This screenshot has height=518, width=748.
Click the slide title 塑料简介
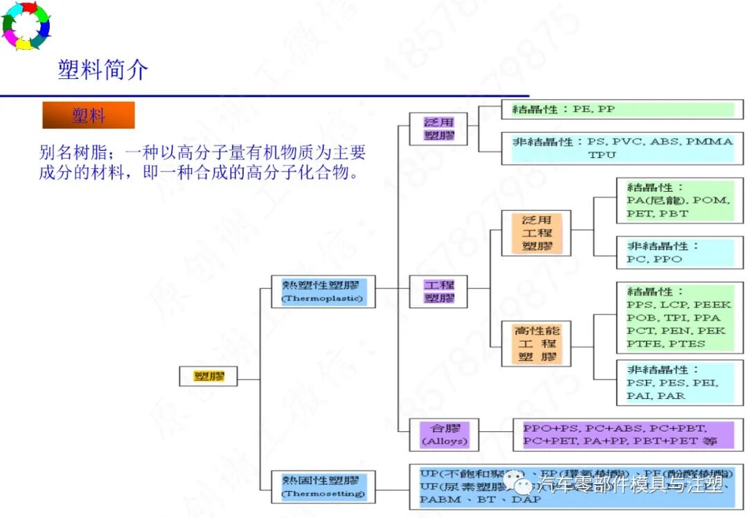[x=103, y=70]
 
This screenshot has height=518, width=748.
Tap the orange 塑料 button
[x=89, y=116]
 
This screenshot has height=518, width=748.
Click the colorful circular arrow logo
[x=26, y=26]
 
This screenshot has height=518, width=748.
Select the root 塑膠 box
[x=207, y=377]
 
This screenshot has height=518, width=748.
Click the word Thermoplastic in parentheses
[x=323, y=299]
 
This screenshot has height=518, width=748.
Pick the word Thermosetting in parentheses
[x=323, y=494]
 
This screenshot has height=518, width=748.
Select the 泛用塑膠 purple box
[x=439, y=129]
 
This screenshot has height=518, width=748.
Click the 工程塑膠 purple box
[x=439, y=292]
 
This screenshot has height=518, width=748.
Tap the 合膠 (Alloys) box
[x=445, y=434]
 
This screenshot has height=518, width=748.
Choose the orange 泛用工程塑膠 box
[x=537, y=233]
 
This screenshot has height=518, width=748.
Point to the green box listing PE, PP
[x=622, y=109]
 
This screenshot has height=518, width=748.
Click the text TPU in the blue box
[x=602, y=155]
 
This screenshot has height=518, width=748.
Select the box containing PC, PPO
[x=679, y=253]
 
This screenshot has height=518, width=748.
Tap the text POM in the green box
[x=711, y=200]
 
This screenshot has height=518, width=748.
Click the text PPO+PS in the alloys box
[x=548, y=427]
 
